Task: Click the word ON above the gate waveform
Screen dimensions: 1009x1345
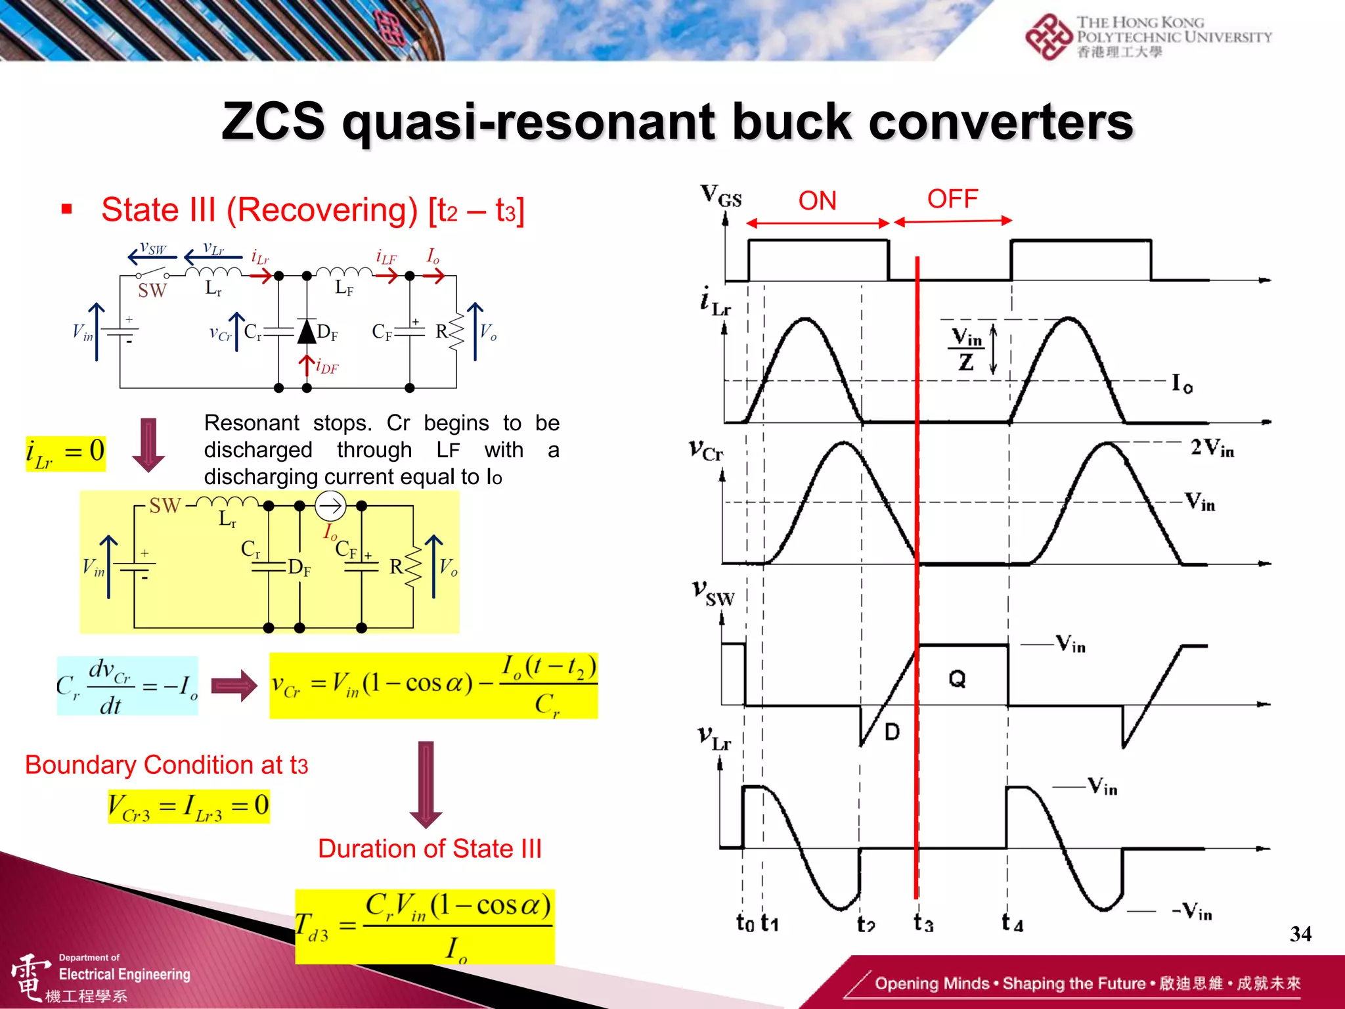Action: (x=817, y=201)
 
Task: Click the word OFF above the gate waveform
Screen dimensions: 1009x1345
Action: (x=952, y=198)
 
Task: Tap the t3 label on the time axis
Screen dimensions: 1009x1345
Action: (x=923, y=923)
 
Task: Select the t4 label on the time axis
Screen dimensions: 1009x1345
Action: (x=1012, y=923)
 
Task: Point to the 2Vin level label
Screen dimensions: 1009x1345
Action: (x=1212, y=449)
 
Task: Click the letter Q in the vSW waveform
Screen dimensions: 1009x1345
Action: (x=957, y=679)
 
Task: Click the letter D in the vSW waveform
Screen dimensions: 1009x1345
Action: (x=892, y=732)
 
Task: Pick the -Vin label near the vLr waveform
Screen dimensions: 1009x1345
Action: (x=1192, y=912)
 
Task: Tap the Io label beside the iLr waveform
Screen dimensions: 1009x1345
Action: (x=1182, y=383)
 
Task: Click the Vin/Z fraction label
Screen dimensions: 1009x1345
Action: (x=966, y=349)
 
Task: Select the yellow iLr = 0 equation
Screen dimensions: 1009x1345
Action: (x=66, y=453)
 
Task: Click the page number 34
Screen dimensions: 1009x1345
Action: (x=1300, y=933)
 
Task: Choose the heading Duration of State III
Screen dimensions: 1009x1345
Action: (x=430, y=849)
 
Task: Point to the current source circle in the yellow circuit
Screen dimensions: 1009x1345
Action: (x=330, y=506)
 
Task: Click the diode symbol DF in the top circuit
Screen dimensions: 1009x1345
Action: (x=307, y=332)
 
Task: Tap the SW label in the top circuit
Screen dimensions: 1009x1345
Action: (x=152, y=290)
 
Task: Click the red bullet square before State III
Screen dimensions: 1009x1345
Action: (x=66, y=210)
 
